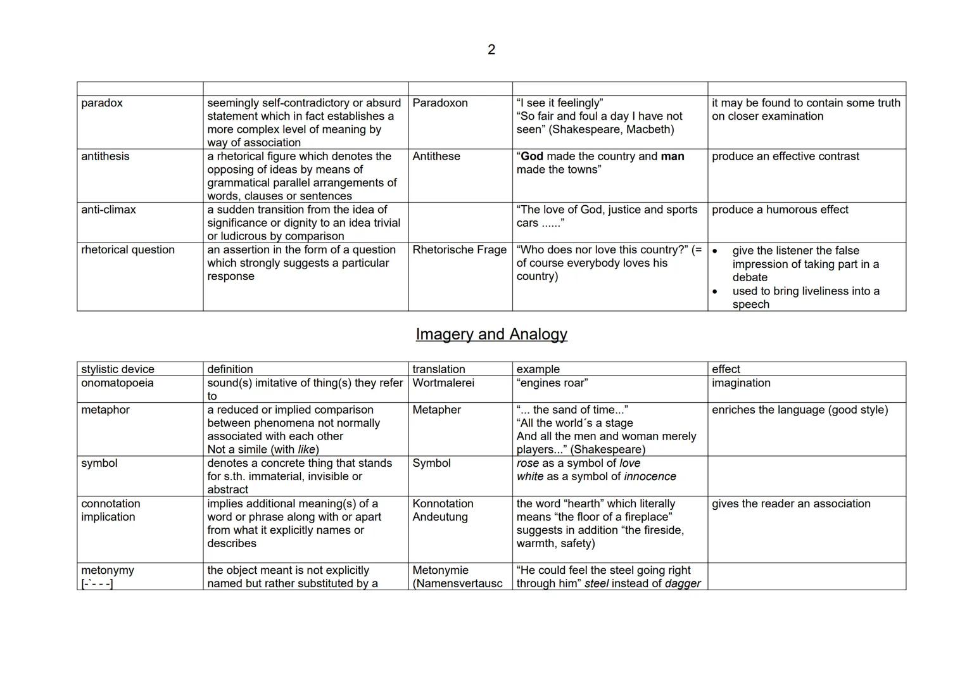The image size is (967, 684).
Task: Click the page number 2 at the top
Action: pos(491,49)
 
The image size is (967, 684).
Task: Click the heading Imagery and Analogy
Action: pos(491,334)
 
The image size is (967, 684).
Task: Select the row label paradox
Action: pos(102,103)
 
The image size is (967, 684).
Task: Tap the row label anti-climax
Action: pos(108,210)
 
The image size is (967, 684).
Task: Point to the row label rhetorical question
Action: pos(128,250)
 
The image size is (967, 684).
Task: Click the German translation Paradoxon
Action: pos(440,103)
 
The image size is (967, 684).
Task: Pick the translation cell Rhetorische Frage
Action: pos(459,250)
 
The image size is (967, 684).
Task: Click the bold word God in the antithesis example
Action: pos(532,156)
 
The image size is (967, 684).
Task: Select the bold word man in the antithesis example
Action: pos(673,156)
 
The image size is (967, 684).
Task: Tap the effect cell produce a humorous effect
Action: pos(780,210)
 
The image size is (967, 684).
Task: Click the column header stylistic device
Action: pos(118,369)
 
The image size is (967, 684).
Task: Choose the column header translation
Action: pos(439,369)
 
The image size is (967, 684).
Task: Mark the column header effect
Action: pos(726,369)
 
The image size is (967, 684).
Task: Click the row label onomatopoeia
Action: pos(117,383)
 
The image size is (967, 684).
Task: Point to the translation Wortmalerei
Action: pos(443,383)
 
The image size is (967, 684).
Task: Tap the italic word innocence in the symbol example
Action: pos(650,477)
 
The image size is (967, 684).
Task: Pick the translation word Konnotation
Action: pos(443,504)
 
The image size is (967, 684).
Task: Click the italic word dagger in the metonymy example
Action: pos(683,584)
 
